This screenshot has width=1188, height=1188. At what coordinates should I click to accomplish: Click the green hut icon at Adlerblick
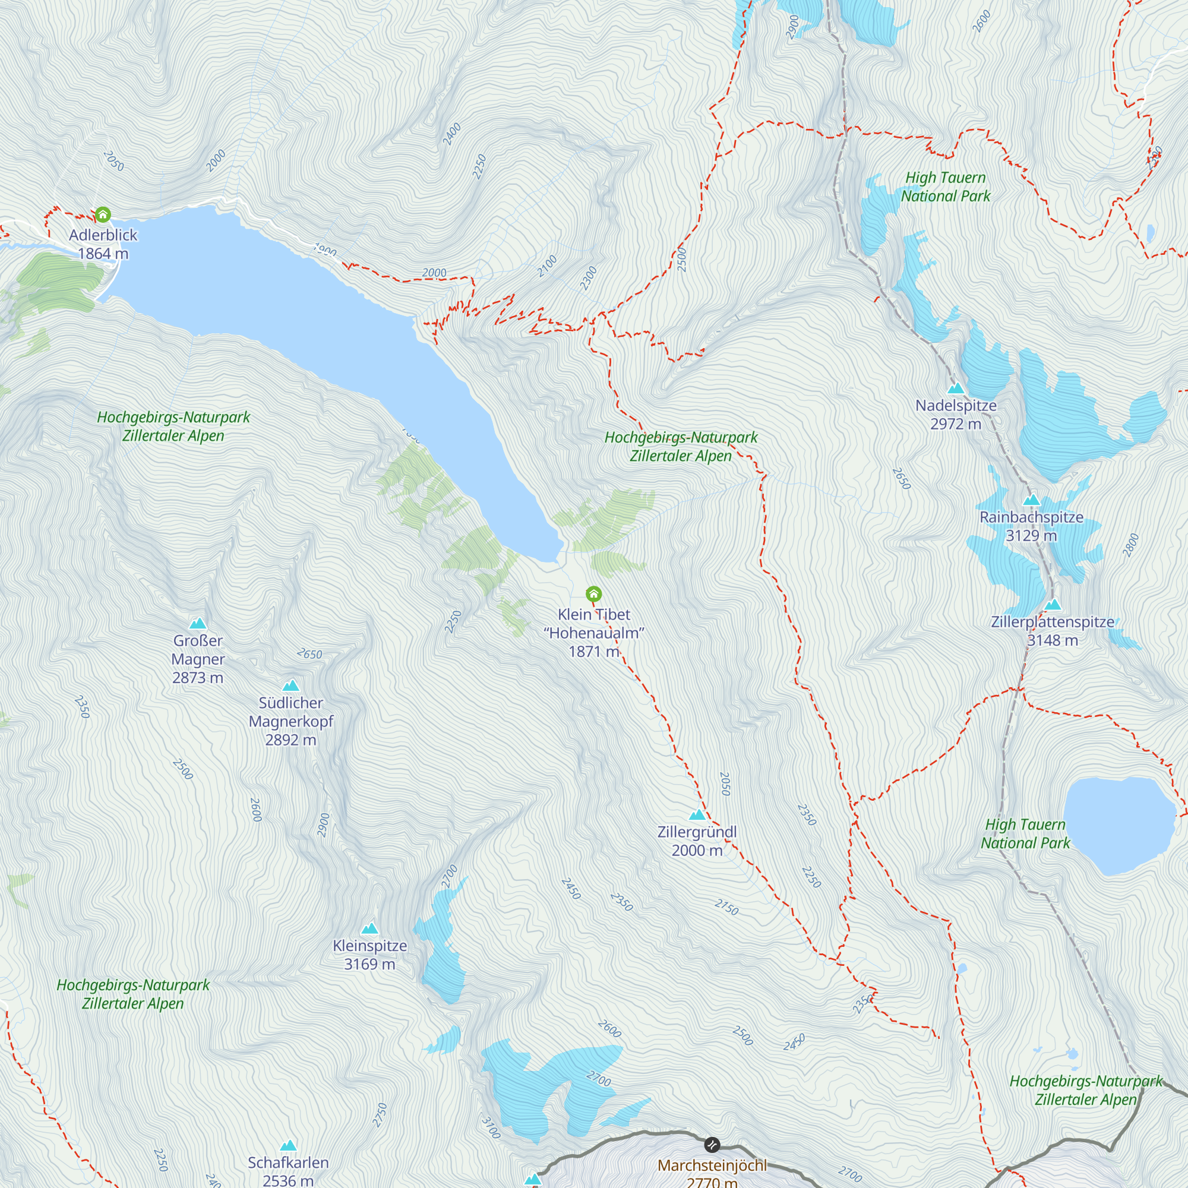(103, 214)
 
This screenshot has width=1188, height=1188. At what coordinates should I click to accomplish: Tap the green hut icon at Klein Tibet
(593, 593)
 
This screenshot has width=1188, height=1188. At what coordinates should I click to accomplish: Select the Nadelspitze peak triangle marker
(956, 388)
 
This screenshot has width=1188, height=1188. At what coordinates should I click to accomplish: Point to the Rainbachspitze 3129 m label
(1031, 526)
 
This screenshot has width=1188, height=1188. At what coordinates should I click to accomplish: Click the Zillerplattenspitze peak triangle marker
(1053, 605)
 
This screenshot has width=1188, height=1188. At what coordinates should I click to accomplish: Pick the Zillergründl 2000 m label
(697, 841)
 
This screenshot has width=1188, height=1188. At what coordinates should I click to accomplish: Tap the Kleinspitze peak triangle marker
(369, 928)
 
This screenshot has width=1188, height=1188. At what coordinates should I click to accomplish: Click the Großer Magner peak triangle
(197, 624)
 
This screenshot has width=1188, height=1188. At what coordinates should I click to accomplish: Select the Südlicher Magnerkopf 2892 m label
(291, 721)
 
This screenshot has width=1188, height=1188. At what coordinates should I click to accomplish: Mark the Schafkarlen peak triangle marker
(289, 1146)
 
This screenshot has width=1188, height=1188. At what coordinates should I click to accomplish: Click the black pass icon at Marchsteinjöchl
(712, 1145)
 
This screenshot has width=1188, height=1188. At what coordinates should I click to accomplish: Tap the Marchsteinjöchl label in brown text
(712, 1166)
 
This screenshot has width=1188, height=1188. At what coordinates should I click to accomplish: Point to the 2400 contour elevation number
(452, 134)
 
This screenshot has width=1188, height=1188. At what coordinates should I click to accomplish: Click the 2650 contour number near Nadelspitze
(902, 478)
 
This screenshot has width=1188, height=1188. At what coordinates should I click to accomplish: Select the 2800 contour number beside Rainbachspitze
(1131, 545)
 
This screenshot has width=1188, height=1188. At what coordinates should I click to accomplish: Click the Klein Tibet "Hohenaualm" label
(594, 632)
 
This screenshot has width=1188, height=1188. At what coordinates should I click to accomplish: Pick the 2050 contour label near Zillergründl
(725, 784)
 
